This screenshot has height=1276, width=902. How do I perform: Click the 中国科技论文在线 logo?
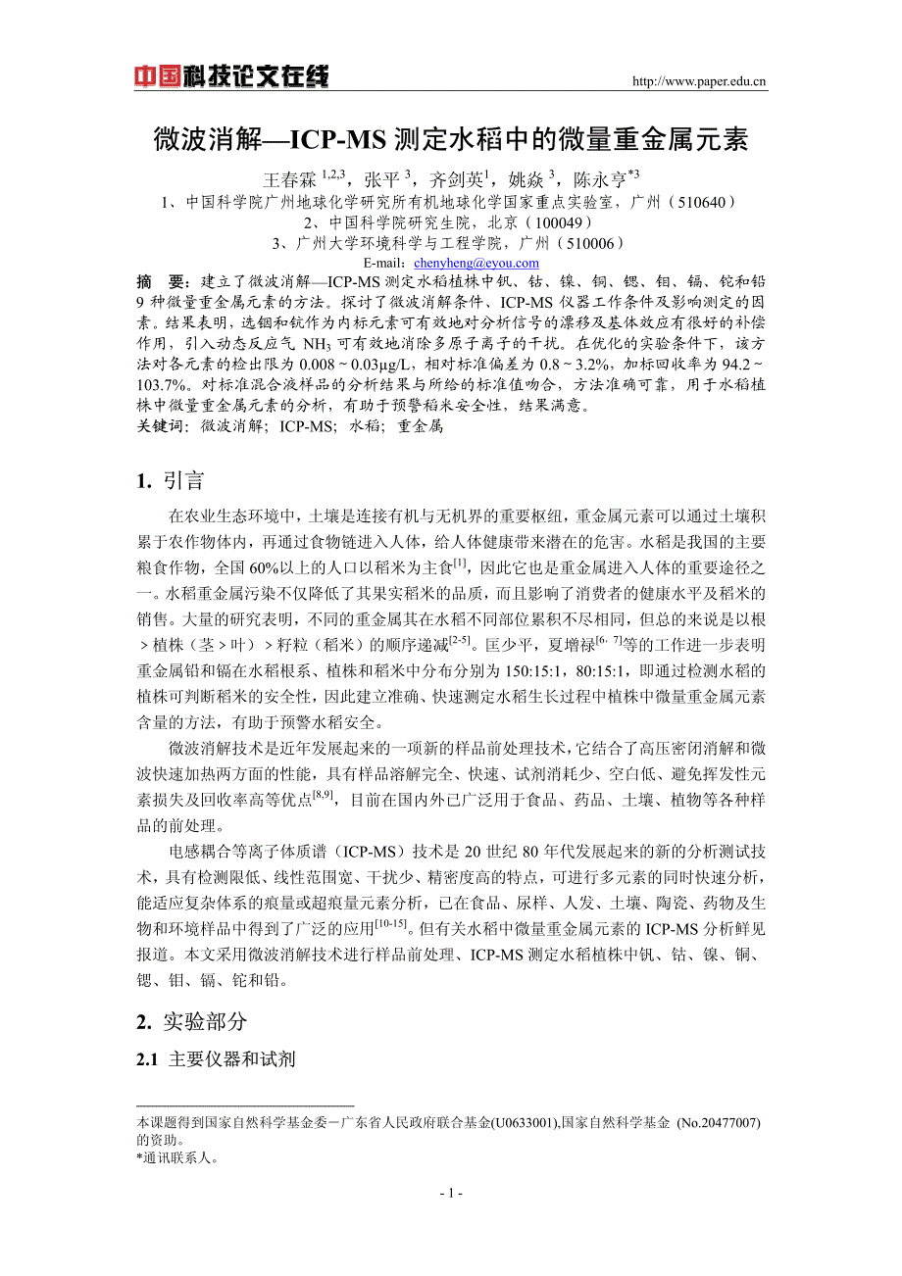coord(231,76)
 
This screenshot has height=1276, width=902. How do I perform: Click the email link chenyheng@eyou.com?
coord(476,263)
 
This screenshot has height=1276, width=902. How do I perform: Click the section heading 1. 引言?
coord(172,480)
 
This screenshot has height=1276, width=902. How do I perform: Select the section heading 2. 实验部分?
coord(192,1022)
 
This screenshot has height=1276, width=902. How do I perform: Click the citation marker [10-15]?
coord(390,922)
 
